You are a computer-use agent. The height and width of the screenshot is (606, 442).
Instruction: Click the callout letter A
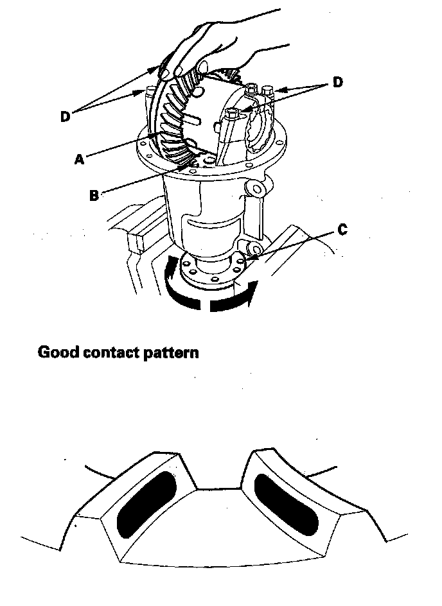tap(79, 160)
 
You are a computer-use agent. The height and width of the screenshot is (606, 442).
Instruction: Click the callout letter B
tap(94, 196)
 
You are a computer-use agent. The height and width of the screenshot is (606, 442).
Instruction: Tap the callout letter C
tap(342, 230)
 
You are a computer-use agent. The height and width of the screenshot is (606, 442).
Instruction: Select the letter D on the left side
tap(65, 117)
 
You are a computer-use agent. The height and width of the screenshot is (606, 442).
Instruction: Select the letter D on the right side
tap(337, 82)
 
